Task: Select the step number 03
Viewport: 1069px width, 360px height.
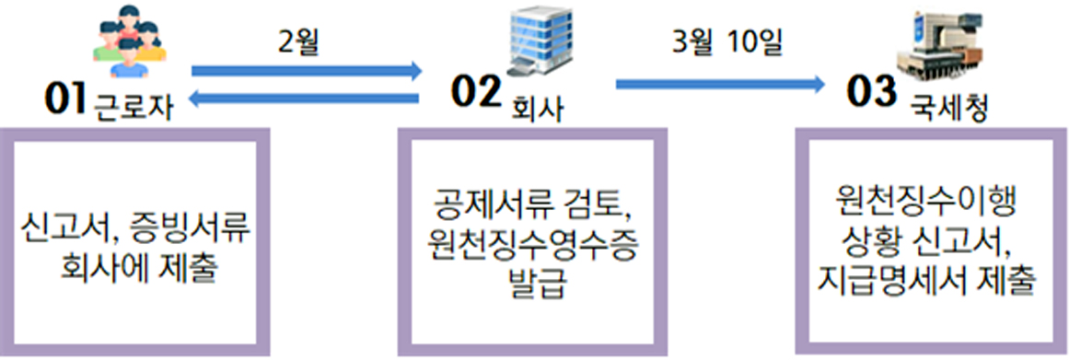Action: tap(871, 94)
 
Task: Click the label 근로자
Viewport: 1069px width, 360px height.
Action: tap(131, 107)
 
